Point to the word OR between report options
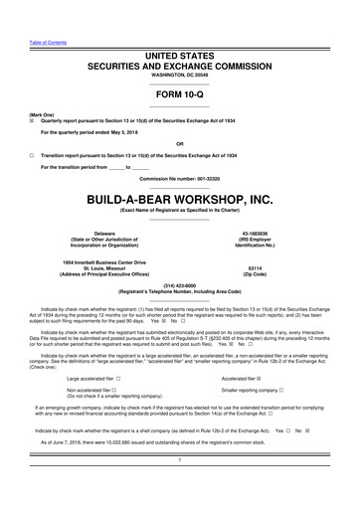pyautogui.click(x=179, y=143)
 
